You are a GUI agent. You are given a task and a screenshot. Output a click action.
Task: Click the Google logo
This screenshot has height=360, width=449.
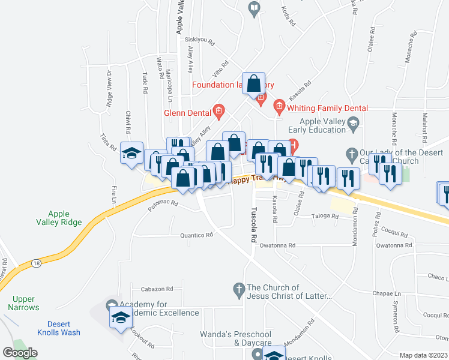(x=20, y=353)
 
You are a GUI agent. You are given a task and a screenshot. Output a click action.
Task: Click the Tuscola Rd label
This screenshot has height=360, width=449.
(x=253, y=226)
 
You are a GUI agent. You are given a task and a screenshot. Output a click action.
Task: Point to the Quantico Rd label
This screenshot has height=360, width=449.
(x=197, y=236)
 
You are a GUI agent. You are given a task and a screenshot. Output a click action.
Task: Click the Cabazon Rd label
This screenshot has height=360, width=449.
(x=157, y=289)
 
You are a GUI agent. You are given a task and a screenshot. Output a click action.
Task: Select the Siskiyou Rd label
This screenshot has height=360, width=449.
(x=200, y=40)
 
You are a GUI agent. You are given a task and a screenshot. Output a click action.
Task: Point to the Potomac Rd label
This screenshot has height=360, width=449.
(x=163, y=204)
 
